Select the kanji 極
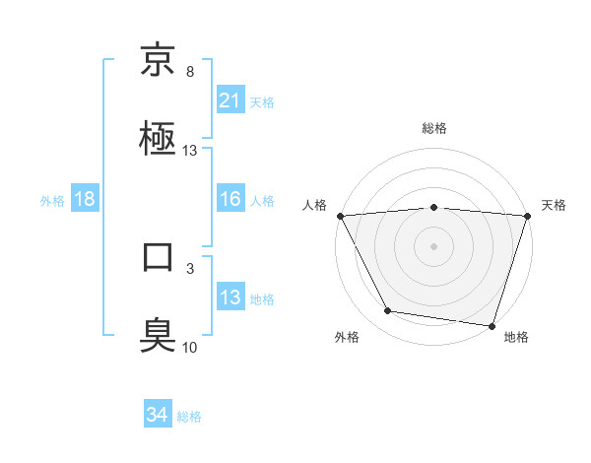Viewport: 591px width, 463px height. point(158,138)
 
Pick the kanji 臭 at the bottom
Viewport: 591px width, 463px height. point(158,334)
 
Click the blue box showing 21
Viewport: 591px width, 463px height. point(230,99)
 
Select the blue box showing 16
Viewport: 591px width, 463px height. point(230,198)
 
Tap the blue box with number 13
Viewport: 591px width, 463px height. point(230,297)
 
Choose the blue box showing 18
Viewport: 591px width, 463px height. point(85,199)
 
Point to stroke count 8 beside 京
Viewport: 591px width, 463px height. point(189,72)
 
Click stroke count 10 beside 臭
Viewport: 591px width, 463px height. point(189,347)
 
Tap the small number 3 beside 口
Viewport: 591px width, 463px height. point(189,268)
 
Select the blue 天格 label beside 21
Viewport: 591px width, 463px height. point(262,100)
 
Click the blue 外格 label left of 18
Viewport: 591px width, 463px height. point(52,200)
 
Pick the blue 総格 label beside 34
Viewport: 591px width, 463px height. point(189,416)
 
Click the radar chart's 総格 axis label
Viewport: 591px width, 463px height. point(434,128)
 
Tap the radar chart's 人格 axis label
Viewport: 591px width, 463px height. point(316,205)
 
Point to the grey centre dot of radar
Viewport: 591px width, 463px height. point(433,245)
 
